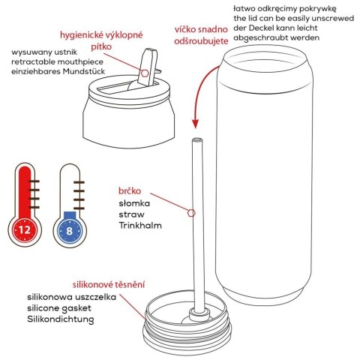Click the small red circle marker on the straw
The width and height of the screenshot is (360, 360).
point(192,213)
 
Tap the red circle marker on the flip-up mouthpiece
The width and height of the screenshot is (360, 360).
point(145,73)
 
